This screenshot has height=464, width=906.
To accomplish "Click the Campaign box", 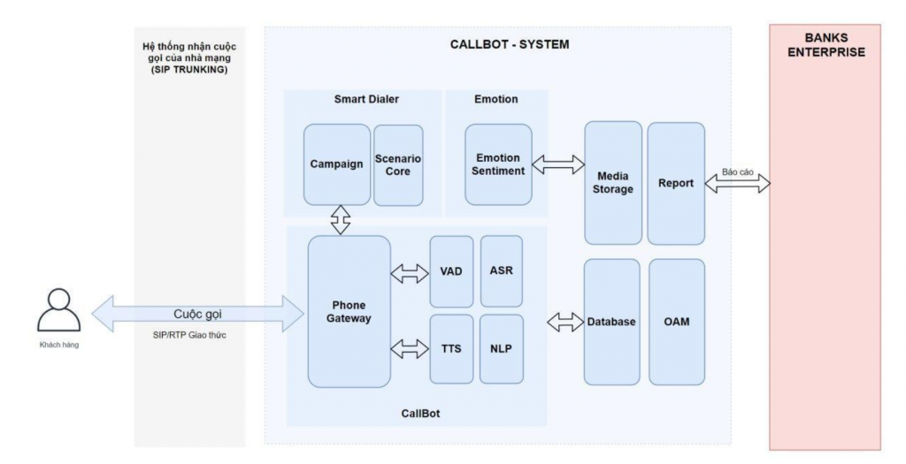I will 337,164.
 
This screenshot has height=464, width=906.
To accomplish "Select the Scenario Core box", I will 398,165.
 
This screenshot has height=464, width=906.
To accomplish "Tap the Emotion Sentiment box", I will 499,164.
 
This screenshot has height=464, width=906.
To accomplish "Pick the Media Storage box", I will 613,182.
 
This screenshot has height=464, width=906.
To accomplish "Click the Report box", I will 676,183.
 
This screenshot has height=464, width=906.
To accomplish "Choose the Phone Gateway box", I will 349,311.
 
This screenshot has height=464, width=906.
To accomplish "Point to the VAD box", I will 451,270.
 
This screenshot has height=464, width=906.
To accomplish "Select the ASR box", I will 501,270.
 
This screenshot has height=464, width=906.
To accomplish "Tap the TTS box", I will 451,348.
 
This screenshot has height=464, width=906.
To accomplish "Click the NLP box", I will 501,348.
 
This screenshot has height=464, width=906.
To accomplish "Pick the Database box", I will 611,322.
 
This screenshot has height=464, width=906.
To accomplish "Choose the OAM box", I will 677,322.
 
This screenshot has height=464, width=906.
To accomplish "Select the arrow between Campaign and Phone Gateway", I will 340,220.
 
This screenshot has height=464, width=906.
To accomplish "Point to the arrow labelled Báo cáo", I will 738,184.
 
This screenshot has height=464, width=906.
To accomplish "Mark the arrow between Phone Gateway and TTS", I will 410,349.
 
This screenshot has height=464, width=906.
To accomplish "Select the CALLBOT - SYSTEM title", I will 498,43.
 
